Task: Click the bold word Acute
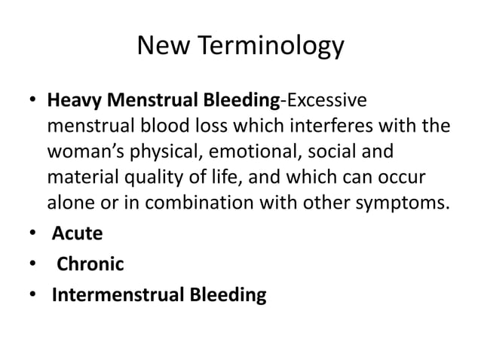[x=77, y=233]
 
